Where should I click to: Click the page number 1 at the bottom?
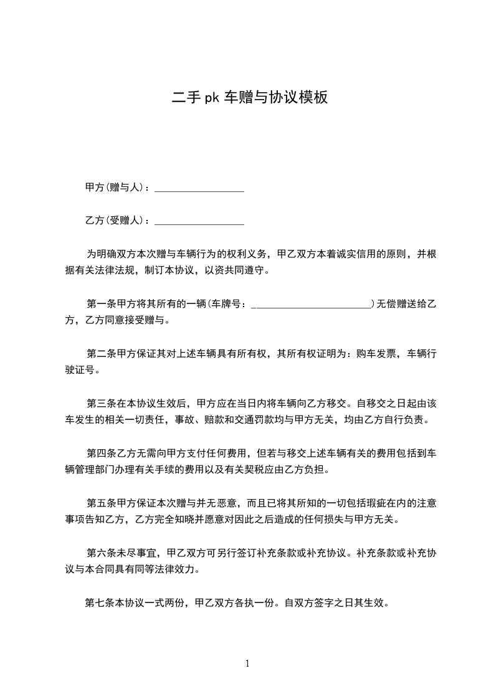coord(247,663)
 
